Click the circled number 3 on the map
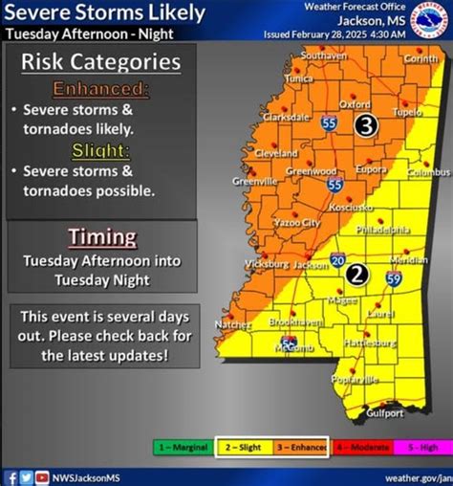[367, 125]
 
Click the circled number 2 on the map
[357, 275]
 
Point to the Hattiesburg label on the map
[373, 342]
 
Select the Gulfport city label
[383, 413]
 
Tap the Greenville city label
[256, 180]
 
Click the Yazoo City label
[297, 222]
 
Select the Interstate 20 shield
[338, 259]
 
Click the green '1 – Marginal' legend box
[182, 447]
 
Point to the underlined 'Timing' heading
[102, 236]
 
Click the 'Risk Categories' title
[102, 63]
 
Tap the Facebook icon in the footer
[11, 476]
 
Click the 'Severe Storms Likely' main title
[103, 12]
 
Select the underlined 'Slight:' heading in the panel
[102, 150]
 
